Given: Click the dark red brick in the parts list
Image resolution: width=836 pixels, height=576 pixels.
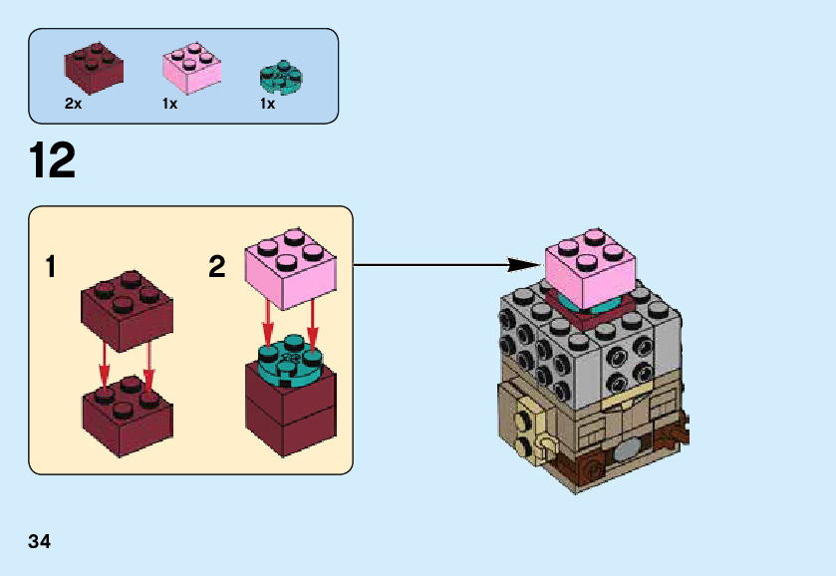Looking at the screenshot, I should [x=94, y=66].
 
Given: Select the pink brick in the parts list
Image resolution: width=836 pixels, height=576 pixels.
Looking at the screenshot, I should [x=190, y=67].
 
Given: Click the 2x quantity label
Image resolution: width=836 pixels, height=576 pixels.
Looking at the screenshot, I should [x=73, y=104].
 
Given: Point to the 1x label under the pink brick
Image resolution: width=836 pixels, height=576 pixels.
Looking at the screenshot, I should [x=169, y=104].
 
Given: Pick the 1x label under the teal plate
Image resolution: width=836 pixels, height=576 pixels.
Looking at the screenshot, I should [x=267, y=104].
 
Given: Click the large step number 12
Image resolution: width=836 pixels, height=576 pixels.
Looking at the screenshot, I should [x=53, y=161].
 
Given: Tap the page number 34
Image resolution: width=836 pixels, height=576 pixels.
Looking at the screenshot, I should [x=40, y=541].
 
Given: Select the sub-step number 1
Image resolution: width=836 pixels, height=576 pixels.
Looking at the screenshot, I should [x=51, y=267].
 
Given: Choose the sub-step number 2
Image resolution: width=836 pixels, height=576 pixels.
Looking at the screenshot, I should [x=217, y=267].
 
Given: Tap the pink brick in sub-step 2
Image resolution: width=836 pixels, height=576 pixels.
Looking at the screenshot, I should [x=290, y=266].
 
